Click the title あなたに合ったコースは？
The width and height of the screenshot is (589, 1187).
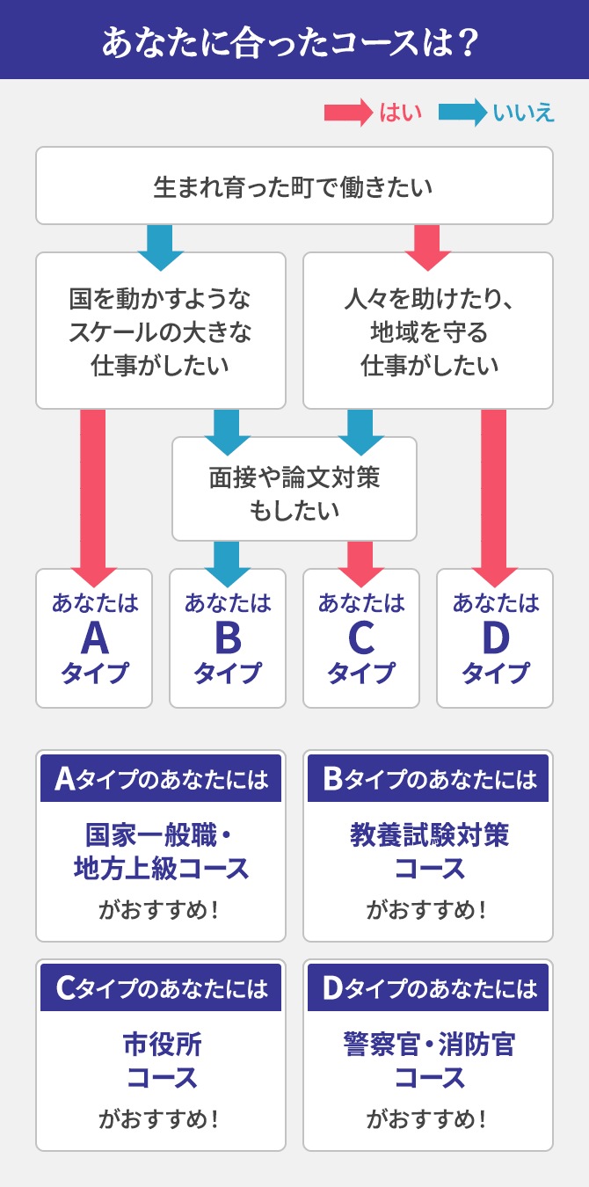coord(294,40)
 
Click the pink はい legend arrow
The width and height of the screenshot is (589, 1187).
coord(348,113)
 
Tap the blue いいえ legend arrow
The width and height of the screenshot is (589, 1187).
coord(462,113)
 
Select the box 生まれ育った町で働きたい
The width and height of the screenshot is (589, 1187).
coord(294,186)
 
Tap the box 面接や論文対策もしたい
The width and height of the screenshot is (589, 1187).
coord(294,490)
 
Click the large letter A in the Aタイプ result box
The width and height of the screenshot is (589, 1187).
coord(94,638)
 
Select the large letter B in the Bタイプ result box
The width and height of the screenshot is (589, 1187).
coord(228,638)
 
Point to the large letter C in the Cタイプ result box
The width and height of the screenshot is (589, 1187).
coord(361,638)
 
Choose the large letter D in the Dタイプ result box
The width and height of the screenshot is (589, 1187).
coord(495,638)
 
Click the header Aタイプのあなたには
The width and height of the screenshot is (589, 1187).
coord(161,779)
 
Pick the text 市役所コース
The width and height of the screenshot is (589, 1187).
coord(161,1060)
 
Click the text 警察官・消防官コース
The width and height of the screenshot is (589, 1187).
coord(428,1060)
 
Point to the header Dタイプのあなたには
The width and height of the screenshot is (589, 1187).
coord(428,988)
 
